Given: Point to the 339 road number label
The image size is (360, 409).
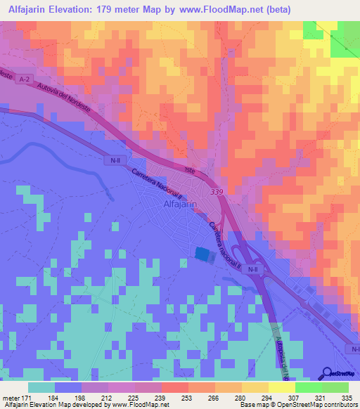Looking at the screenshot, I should (217, 190).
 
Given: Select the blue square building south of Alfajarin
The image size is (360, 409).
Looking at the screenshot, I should (202, 254).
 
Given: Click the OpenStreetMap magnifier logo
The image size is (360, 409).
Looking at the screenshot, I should (327, 374).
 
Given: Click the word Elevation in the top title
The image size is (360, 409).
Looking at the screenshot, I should (77, 9).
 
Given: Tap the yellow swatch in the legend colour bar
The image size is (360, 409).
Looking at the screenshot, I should (281, 387).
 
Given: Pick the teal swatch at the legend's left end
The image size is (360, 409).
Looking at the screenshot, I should (41, 387).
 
